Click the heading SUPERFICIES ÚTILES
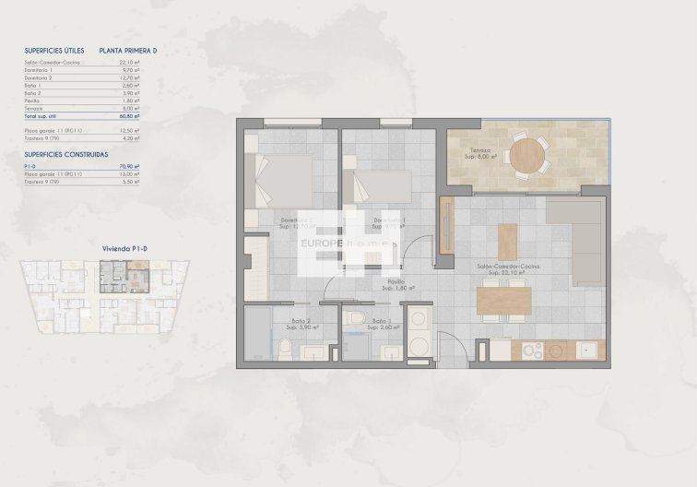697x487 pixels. [54, 53]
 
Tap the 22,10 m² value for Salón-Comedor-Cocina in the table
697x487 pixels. [130, 63]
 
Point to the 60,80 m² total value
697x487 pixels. [130, 117]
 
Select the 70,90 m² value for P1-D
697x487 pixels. [130, 166]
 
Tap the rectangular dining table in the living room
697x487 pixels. [503, 298]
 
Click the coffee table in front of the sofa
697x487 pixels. [508, 241]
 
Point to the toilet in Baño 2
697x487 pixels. [286, 350]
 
